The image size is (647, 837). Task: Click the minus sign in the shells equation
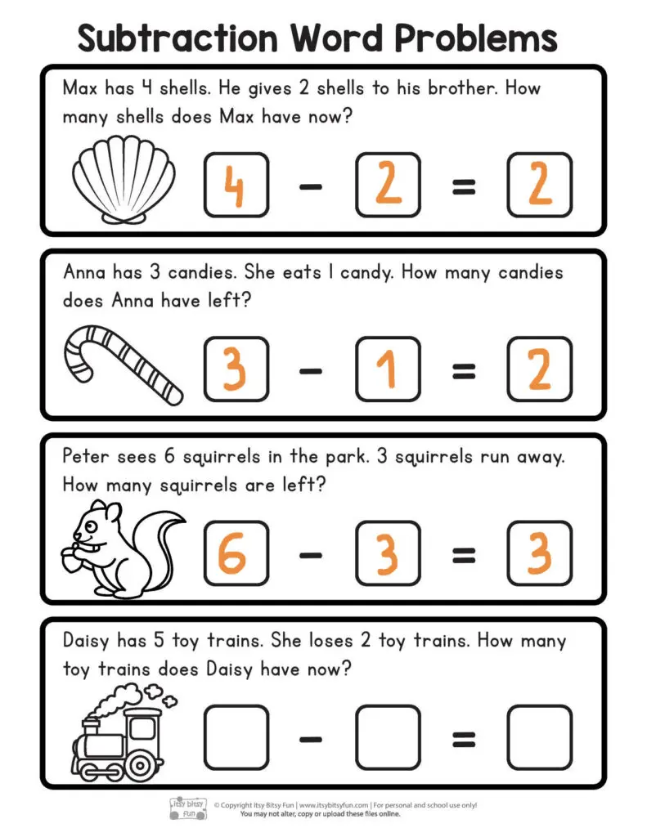[311, 187]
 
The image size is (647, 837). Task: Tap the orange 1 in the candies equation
[388, 369]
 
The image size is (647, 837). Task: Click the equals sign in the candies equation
[463, 372]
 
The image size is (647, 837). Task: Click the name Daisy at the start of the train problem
[88, 641]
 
